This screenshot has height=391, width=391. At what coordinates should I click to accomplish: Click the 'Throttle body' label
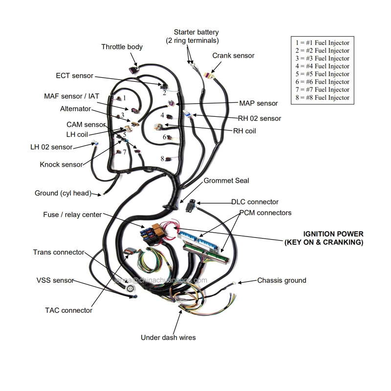(x=122, y=47)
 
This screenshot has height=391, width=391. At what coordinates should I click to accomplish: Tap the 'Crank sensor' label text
(x=233, y=56)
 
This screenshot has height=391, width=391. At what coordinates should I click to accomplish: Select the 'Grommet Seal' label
(x=226, y=181)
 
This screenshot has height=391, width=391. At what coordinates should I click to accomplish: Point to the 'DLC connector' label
(x=255, y=202)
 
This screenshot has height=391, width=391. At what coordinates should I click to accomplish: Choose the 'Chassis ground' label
(x=282, y=281)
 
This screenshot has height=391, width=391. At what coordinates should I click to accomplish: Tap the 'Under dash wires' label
(x=168, y=337)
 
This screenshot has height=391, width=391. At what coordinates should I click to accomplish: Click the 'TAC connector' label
(x=68, y=310)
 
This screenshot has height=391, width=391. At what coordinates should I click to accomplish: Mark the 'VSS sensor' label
(x=55, y=281)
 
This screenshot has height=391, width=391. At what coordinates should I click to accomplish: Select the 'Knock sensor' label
(x=62, y=165)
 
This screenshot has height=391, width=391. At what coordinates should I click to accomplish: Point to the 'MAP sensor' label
(x=258, y=104)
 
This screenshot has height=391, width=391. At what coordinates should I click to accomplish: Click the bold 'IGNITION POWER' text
(x=333, y=234)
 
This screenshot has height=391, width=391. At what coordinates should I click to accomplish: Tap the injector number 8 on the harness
(x=162, y=158)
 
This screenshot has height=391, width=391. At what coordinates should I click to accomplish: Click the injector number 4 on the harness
(x=162, y=115)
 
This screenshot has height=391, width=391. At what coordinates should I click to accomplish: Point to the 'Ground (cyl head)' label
(x=63, y=193)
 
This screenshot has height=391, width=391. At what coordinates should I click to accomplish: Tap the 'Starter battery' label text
(x=196, y=32)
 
